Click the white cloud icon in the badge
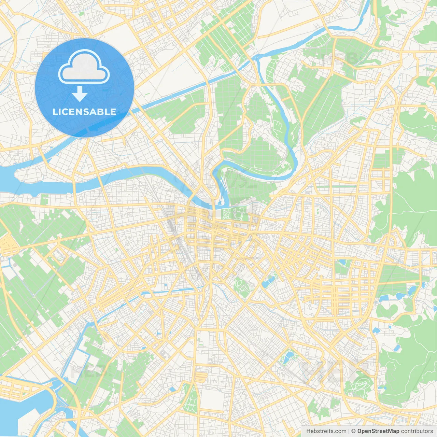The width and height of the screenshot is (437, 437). coord(84,67)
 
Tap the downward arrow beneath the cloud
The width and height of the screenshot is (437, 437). coord(80,94)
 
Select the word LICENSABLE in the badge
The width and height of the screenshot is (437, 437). coord(84,112)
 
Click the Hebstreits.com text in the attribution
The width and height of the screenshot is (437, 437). coord(326,431)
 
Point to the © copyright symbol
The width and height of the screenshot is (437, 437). coord(354,431)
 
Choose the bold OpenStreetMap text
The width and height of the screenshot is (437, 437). coord(378,431)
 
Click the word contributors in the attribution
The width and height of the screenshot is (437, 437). coord(417,431)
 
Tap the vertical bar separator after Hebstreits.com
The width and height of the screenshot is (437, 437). coord(349,431)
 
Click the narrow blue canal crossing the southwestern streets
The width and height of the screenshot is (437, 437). coord(160,292)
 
